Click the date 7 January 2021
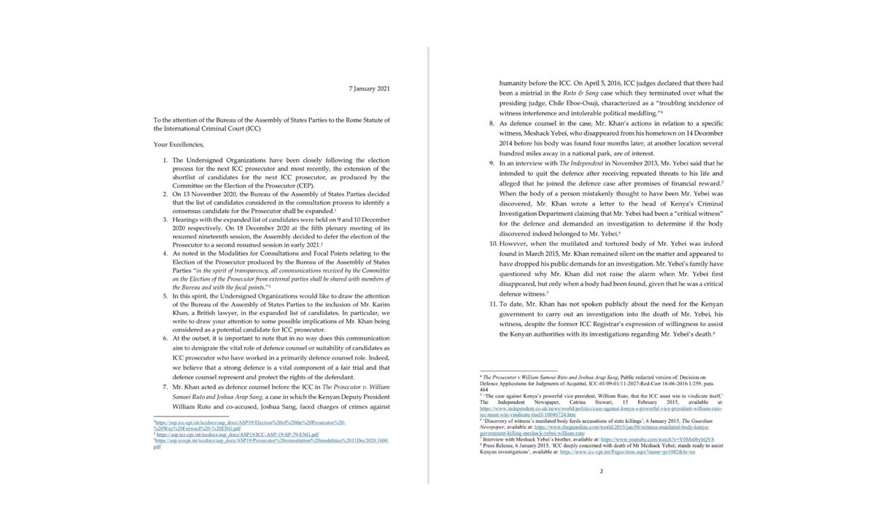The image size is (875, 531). pos(368,88)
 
